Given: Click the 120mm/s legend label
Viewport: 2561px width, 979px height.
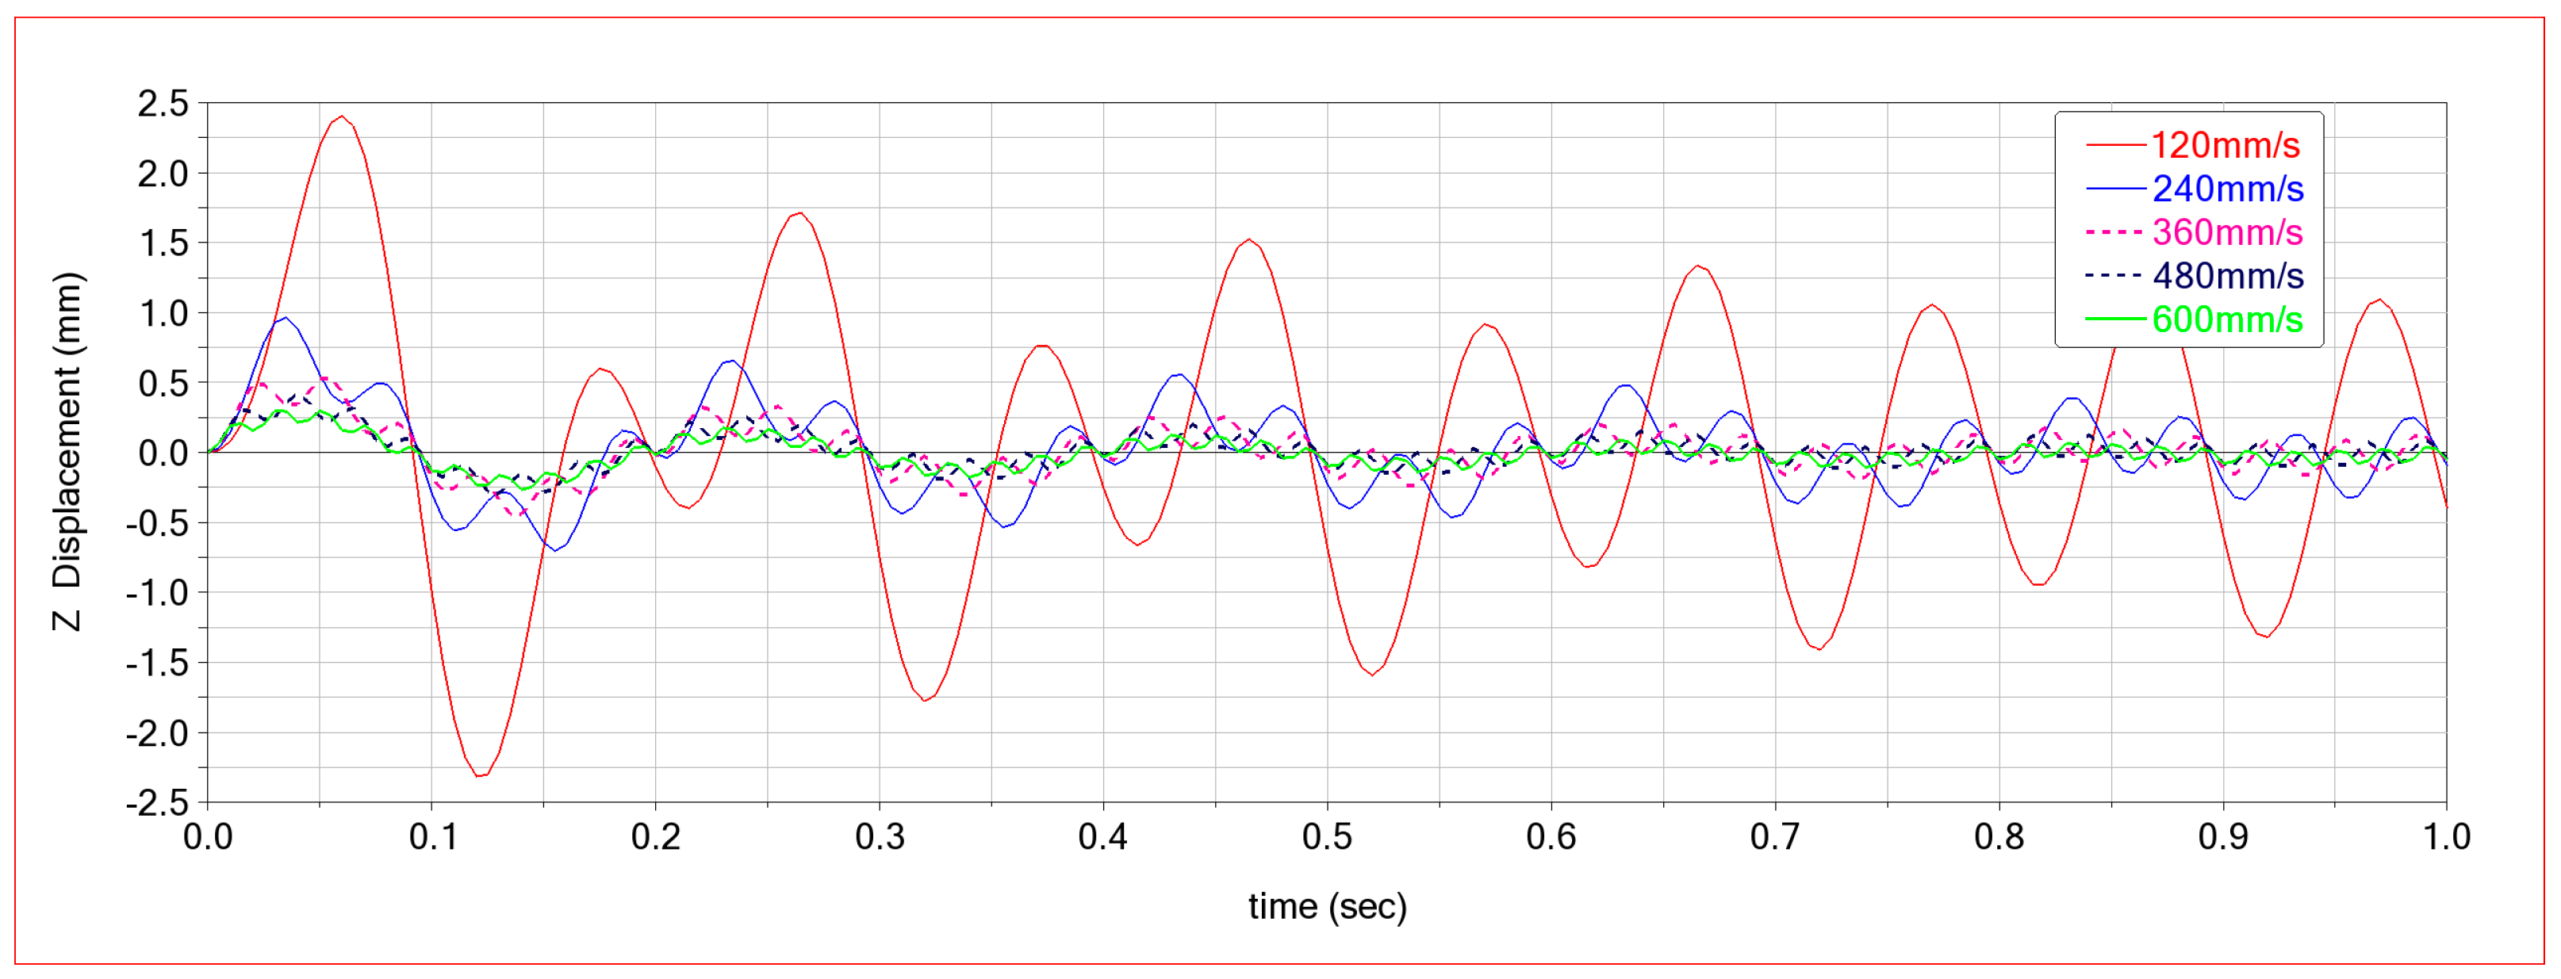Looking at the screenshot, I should pyautogui.click(x=2225, y=145).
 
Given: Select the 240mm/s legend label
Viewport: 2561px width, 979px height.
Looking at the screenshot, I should pyautogui.click(x=2227, y=189).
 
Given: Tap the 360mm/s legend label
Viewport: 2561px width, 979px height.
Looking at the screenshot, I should pyautogui.click(x=2227, y=232).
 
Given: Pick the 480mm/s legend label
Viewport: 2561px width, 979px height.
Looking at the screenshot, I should pyautogui.click(x=2227, y=277).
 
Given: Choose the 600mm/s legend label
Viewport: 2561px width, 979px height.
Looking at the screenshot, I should pyautogui.click(x=2227, y=320).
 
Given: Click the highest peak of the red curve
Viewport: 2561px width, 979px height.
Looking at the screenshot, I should pyautogui.click(x=342, y=117).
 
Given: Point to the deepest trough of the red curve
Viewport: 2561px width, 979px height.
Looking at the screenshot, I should pyautogui.click(x=481, y=775).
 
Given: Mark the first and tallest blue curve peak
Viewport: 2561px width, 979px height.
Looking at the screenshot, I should pyautogui.click(x=286, y=318).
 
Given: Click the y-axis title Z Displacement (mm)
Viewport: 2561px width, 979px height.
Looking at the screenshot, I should pyautogui.click(x=67, y=451).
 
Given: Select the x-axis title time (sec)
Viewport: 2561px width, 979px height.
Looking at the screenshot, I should pyautogui.click(x=1327, y=906).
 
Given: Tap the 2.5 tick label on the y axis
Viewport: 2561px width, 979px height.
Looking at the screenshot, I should pyautogui.click(x=163, y=103).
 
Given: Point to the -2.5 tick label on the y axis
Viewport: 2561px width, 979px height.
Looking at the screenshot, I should pyautogui.click(x=157, y=803).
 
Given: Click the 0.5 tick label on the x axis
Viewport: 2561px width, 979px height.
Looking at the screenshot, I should pyautogui.click(x=1327, y=838).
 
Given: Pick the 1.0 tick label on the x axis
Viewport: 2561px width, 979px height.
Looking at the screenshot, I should pyautogui.click(x=2447, y=838).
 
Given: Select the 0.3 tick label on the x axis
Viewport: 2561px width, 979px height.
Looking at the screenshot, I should pyautogui.click(x=880, y=838).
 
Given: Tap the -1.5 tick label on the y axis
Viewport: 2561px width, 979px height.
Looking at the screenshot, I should pyautogui.click(x=157, y=663).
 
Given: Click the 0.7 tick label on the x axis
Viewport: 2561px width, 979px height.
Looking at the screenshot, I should pyautogui.click(x=1776, y=838).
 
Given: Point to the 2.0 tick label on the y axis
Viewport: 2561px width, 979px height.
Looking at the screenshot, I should pyautogui.click(x=163, y=174).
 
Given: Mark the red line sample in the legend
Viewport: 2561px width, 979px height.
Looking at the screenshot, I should pyautogui.click(x=2114, y=145).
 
